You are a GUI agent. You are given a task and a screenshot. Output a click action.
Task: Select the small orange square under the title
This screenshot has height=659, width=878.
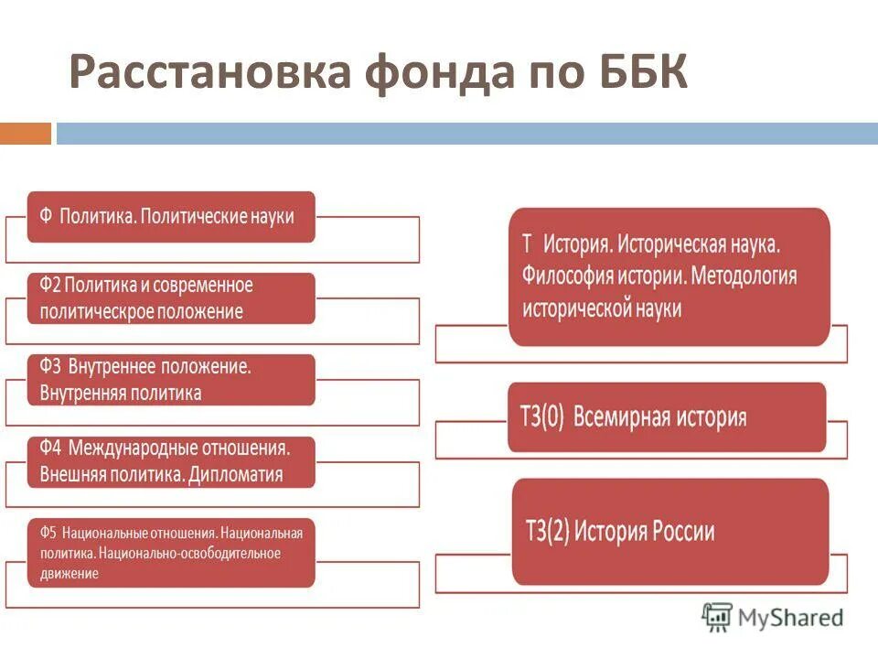(26, 134)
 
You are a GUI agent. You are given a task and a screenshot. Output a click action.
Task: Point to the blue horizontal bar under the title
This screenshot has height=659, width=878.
(466, 134)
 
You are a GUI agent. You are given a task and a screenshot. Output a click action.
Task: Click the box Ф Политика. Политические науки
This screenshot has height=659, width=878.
(171, 217)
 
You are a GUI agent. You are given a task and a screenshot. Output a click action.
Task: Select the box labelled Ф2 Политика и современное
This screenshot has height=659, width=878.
(171, 298)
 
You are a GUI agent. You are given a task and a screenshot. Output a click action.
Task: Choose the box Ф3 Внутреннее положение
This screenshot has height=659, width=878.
(171, 380)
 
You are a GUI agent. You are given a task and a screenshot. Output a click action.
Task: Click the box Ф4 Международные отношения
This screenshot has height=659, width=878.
(171, 461)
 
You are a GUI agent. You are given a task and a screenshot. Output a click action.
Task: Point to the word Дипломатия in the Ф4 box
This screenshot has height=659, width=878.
(239, 475)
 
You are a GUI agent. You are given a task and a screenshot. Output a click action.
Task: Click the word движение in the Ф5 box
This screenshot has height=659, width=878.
(70, 574)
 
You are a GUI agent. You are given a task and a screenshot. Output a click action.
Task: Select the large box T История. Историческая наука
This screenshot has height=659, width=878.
(669, 276)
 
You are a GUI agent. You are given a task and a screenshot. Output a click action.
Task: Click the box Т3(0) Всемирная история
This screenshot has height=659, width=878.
(667, 417)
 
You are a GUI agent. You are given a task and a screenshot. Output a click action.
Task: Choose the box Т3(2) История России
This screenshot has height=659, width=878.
(669, 532)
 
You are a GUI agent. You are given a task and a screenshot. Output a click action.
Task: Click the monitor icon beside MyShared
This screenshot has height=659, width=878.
(718, 617)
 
